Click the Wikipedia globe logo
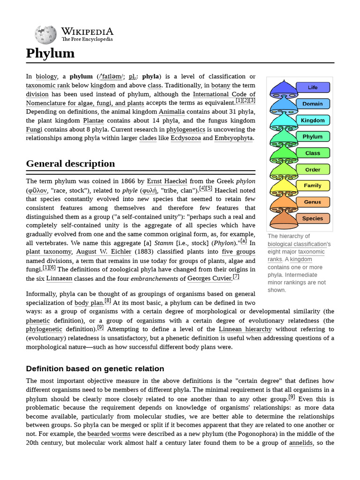tap(45, 34)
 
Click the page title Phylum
tap(50, 53)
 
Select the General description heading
tap(70, 164)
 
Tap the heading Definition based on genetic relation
tap(95, 368)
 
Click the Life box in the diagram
tap(313, 87)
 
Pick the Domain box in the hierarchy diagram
tap(313, 104)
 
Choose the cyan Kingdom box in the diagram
tap(313, 120)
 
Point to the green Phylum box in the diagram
tap(313, 137)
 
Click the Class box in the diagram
tap(313, 153)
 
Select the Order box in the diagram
tap(313, 169)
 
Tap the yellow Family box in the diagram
tap(313, 186)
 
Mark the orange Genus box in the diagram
tap(313, 202)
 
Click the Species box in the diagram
tap(313, 218)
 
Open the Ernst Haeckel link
tap(167, 181)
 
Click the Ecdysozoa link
tap(186, 138)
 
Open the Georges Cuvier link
tap(209, 278)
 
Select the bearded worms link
tap(109, 434)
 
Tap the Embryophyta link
tap(233, 138)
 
